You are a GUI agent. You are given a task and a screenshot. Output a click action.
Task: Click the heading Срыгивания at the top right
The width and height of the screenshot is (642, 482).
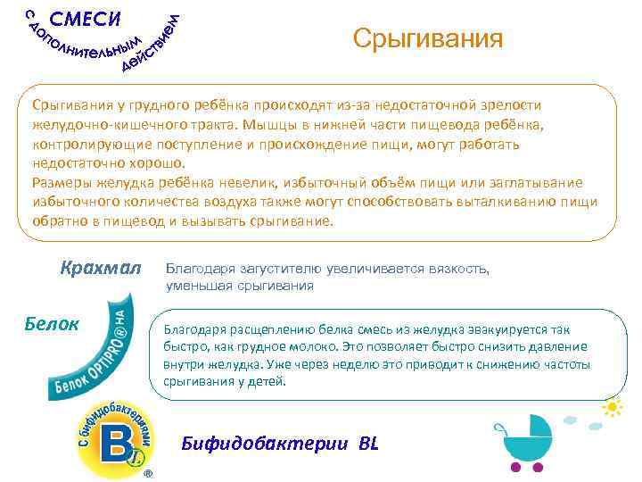[x=427, y=39]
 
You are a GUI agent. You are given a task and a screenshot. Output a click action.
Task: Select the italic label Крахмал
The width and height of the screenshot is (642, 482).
[x=101, y=267]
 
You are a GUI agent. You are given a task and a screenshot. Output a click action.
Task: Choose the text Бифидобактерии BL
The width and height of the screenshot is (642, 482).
[x=280, y=442]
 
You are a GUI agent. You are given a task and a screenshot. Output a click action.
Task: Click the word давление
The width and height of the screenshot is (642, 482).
[x=553, y=346]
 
